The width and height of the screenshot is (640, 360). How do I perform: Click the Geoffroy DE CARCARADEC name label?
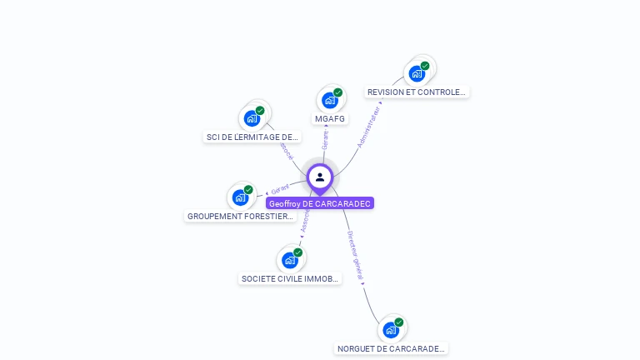(x=320, y=203)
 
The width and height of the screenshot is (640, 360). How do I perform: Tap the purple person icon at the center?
(x=320, y=177)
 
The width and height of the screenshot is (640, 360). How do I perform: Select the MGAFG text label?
(x=330, y=118)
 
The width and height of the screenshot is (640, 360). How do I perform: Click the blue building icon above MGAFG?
(x=330, y=100)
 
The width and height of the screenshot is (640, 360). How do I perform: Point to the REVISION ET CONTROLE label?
(x=417, y=92)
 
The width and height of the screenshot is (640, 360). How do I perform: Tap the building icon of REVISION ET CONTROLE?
(x=417, y=73)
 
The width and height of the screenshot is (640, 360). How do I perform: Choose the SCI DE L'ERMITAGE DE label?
(x=252, y=137)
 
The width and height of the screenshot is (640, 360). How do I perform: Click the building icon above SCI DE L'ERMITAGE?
(x=252, y=118)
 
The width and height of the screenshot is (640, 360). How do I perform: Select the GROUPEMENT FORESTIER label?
(x=240, y=216)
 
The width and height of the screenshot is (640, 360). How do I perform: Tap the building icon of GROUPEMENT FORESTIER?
(x=240, y=197)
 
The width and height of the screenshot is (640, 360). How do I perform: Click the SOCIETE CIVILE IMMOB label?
(x=290, y=278)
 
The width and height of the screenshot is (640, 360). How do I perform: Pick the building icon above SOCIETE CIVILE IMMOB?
(x=290, y=260)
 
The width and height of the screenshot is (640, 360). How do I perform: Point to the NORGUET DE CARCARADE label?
(x=391, y=348)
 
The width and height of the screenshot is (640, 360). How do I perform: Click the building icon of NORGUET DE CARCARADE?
(x=391, y=330)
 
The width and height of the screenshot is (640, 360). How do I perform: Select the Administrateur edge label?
(x=369, y=126)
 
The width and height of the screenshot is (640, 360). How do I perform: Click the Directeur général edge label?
(x=355, y=259)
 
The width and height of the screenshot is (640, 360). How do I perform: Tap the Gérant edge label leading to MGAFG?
(x=325, y=140)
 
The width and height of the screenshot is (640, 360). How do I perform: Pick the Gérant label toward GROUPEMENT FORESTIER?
(x=280, y=189)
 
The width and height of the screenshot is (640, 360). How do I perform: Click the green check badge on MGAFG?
(x=337, y=92)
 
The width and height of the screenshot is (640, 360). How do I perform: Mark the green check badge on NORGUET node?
(x=398, y=322)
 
